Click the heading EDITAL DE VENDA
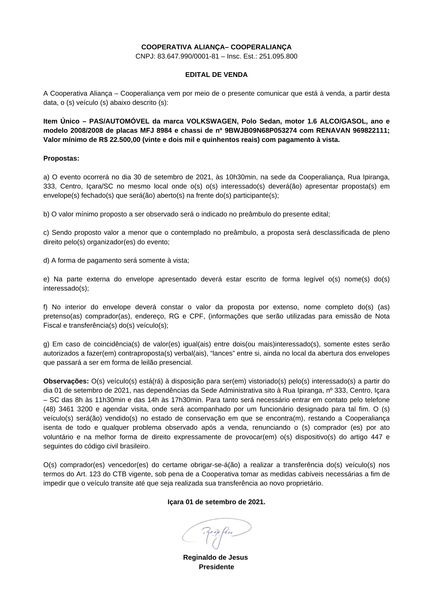click(216, 75)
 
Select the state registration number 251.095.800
click(278, 56)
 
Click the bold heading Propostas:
click(61, 158)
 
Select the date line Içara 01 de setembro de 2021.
click(216, 502)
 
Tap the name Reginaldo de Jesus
click(215, 557)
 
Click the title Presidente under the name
click(216, 567)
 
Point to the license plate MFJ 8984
click(156, 131)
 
